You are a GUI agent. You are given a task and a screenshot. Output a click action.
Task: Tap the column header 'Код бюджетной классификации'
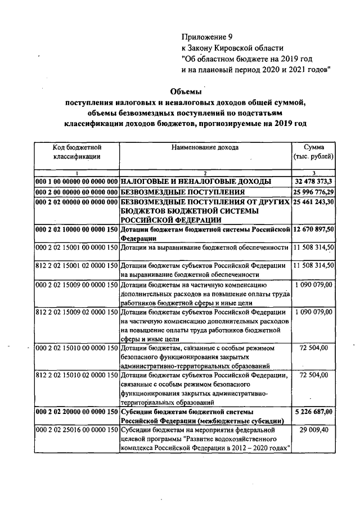point(77,152)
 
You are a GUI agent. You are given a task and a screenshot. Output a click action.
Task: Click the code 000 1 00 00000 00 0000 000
point(76,181)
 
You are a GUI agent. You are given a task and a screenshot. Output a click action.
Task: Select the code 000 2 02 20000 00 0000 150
point(76,412)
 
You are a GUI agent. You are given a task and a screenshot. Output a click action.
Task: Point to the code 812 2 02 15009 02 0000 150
point(76,311)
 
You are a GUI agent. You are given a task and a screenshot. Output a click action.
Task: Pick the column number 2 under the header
point(205,172)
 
